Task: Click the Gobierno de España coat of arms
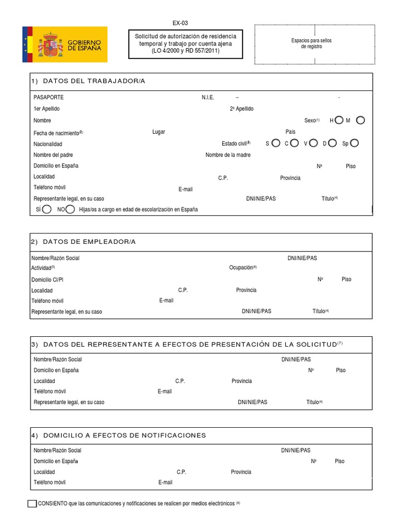[x=50, y=45]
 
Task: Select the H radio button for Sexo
[x=339, y=120]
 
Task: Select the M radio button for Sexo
[x=361, y=120]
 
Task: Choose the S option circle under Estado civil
[x=276, y=143]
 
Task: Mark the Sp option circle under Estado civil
[x=355, y=143]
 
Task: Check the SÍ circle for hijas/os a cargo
[x=47, y=209]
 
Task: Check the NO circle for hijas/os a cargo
[x=70, y=209]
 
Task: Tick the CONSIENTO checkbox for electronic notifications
[x=32, y=504]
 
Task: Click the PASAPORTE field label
[x=49, y=97]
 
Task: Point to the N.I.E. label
[x=208, y=97]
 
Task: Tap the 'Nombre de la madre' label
[x=228, y=155]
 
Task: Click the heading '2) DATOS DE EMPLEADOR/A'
[x=83, y=242]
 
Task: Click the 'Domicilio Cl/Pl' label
[x=48, y=279]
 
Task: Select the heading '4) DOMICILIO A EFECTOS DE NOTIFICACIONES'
[x=118, y=435]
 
